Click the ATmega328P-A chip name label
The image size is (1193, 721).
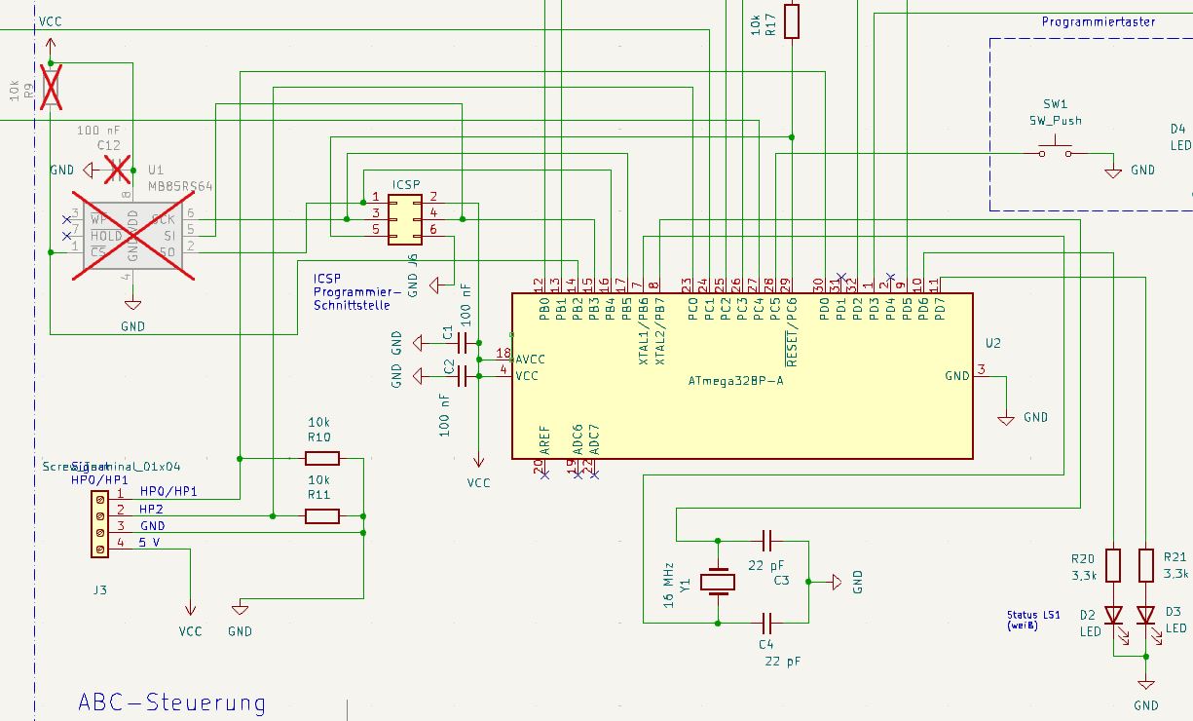click(736, 381)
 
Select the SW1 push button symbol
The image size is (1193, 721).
click(1055, 151)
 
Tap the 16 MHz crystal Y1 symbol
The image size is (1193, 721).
click(719, 582)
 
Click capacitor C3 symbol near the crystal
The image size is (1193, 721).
click(766, 539)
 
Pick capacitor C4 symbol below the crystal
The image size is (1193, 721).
click(766, 622)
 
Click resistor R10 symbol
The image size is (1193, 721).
click(321, 458)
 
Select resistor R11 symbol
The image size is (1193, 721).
click(321, 515)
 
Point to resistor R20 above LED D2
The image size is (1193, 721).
click(1113, 565)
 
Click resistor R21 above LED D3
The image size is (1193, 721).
click(1146, 565)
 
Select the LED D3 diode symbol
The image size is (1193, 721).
click(1146, 615)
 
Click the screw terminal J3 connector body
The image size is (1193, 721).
click(99, 524)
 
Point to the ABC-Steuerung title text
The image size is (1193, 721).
click(171, 702)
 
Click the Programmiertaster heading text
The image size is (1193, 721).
click(1098, 21)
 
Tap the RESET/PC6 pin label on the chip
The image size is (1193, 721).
click(791, 333)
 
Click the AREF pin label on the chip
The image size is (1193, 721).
click(544, 441)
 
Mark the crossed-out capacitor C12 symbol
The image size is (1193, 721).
click(118, 170)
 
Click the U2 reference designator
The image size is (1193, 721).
click(992, 344)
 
